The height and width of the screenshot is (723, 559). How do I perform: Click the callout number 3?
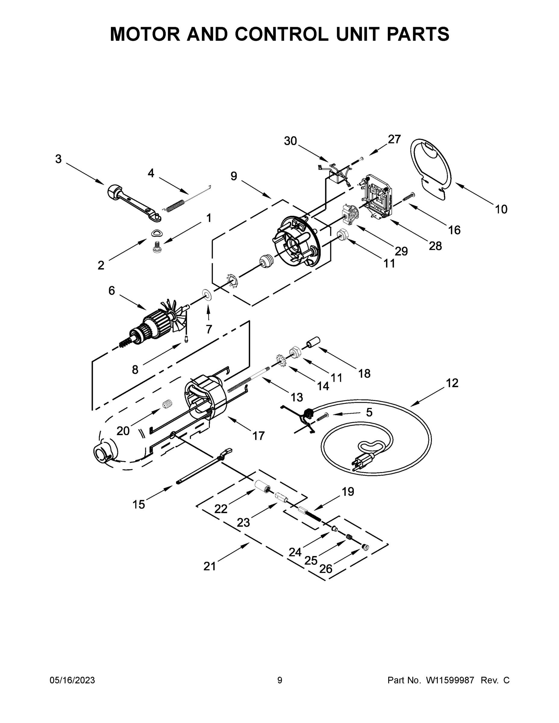[x=58, y=159]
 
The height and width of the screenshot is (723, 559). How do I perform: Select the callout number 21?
[x=210, y=566]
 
